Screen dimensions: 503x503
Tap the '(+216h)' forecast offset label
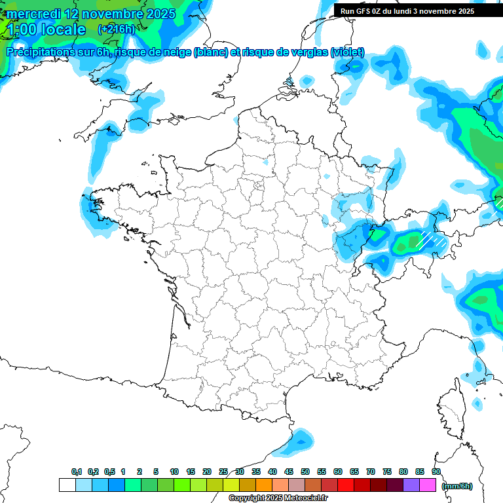[116, 29]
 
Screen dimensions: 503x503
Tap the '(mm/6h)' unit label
[457, 485]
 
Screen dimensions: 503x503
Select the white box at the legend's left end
[67, 485]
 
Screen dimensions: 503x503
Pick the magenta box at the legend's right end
[428, 485]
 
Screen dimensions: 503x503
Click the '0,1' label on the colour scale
[77, 472]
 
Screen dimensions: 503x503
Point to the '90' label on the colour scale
[436, 472]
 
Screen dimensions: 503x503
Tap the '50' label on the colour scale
[305, 472]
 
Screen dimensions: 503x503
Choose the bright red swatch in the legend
[346, 485]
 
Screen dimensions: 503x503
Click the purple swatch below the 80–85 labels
[411, 485]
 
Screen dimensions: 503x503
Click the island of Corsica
[453, 406]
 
